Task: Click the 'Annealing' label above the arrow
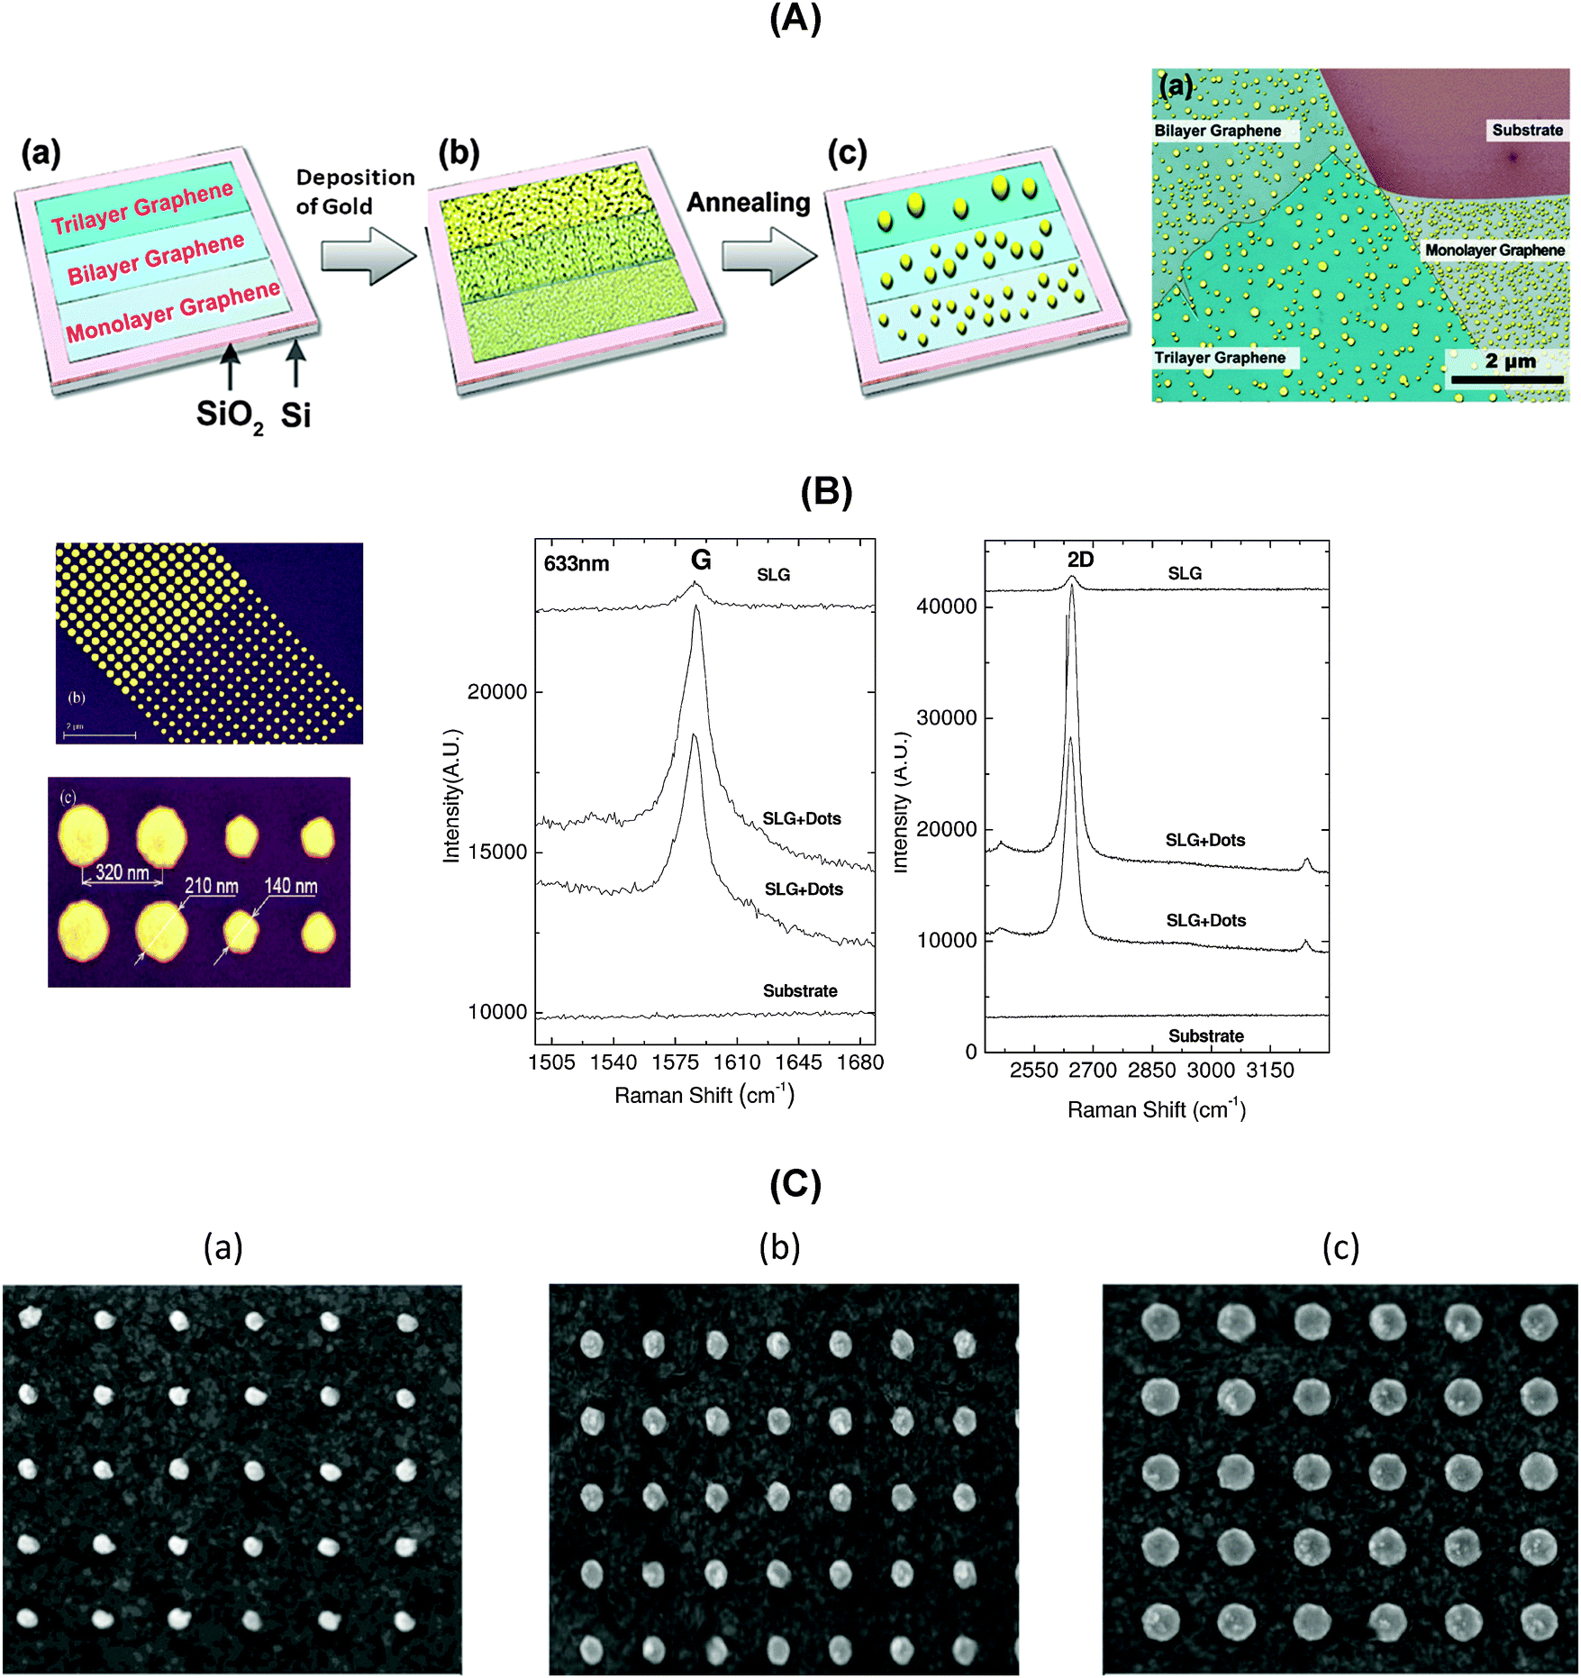(x=748, y=202)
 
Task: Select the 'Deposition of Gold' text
(x=354, y=191)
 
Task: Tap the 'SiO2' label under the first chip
(x=230, y=416)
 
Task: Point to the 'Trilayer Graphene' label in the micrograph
(x=1220, y=358)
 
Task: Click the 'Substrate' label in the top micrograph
(x=1527, y=130)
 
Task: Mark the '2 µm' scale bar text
(x=1511, y=361)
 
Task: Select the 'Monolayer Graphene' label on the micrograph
(x=1495, y=250)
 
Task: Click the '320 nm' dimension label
(x=122, y=872)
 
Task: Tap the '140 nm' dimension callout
(x=290, y=887)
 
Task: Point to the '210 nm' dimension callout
(x=212, y=887)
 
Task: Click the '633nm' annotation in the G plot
(x=577, y=564)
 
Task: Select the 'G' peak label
(x=701, y=561)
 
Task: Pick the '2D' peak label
(x=1080, y=560)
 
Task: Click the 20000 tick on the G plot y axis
(x=496, y=692)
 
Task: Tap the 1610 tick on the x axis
(x=737, y=1062)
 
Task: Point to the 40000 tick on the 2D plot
(x=946, y=606)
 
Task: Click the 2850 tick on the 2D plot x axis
(x=1151, y=1071)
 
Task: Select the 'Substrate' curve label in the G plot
(x=800, y=991)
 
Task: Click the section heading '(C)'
(x=795, y=1184)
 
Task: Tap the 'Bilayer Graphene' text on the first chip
(x=156, y=258)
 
